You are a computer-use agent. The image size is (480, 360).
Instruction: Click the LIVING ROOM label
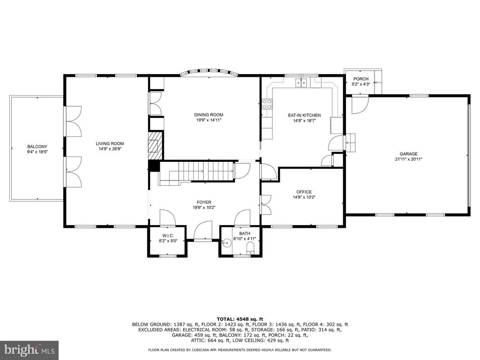(110, 143)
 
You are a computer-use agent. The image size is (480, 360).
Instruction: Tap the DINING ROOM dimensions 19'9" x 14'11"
(209, 120)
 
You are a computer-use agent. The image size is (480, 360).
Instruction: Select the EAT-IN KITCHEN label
(304, 115)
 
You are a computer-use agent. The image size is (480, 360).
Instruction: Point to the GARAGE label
(408, 154)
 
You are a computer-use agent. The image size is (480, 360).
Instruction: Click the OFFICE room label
(304, 192)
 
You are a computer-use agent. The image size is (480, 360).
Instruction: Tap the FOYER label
(204, 202)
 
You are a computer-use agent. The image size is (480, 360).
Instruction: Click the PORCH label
(361, 79)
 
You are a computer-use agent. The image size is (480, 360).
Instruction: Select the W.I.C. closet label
(168, 236)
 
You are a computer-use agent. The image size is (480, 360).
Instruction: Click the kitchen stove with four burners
(267, 104)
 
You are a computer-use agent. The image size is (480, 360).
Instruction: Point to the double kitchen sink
(301, 83)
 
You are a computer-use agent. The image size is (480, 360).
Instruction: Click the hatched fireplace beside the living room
(156, 146)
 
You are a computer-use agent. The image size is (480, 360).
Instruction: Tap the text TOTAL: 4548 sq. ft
(240, 319)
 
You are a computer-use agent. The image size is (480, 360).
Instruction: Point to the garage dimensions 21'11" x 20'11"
(409, 159)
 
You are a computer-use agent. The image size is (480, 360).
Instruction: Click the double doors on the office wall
(266, 205)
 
